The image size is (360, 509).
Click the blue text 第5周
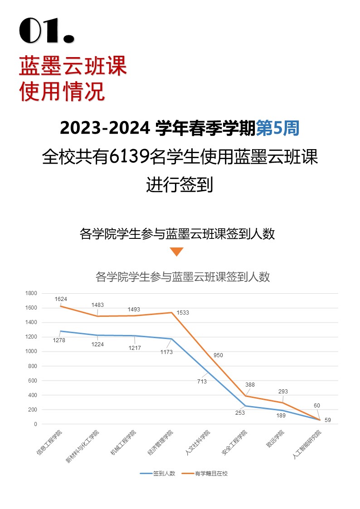tap(277, 129)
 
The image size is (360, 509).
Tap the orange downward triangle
tap(176, 252)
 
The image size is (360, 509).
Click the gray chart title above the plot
tap(183, 276)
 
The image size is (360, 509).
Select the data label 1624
tap(61, 299)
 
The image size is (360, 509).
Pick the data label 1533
tap(183, 313)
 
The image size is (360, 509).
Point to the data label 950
tap(218, 355)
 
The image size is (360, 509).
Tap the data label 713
tap(202, 382)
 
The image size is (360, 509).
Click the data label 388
tap(250, 385)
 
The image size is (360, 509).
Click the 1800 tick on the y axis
tap(31, 294)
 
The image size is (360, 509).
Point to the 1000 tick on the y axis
tap(31, 352)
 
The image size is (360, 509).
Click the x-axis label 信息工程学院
tap(49, 441)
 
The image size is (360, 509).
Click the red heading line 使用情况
tap(62, 92)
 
